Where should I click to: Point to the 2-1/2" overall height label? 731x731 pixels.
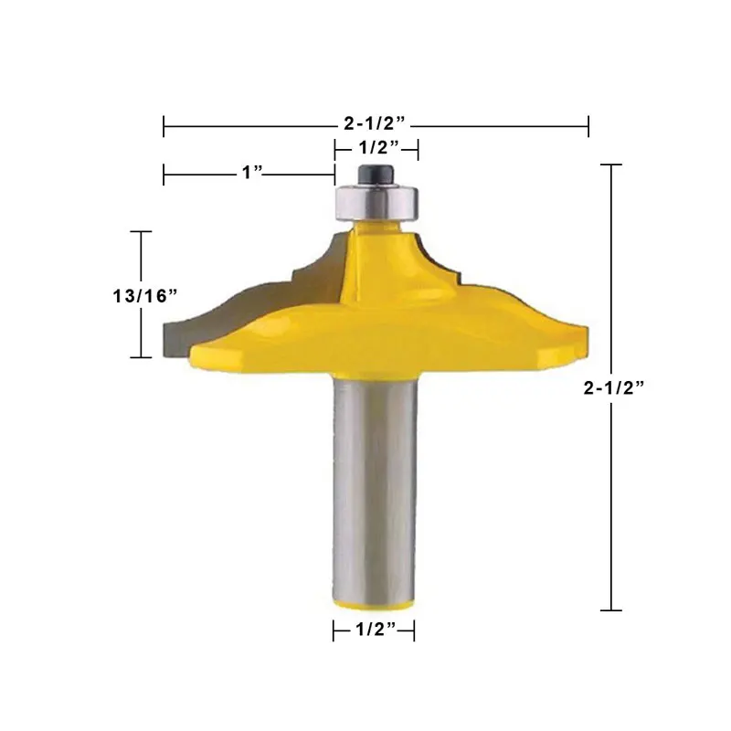[615, 387]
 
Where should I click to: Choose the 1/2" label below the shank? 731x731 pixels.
[373, 629]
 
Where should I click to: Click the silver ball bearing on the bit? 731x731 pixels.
[376, 196]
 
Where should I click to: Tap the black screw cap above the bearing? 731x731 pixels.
[376, 172]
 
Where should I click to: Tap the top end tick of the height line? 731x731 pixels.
[610, 164]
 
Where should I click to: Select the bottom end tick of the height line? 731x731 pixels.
[610, 609]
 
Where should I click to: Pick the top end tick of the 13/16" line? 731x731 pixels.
[140, 231]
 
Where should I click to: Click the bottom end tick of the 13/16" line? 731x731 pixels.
[140, 357]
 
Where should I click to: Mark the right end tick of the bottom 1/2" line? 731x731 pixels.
[415, 629]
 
